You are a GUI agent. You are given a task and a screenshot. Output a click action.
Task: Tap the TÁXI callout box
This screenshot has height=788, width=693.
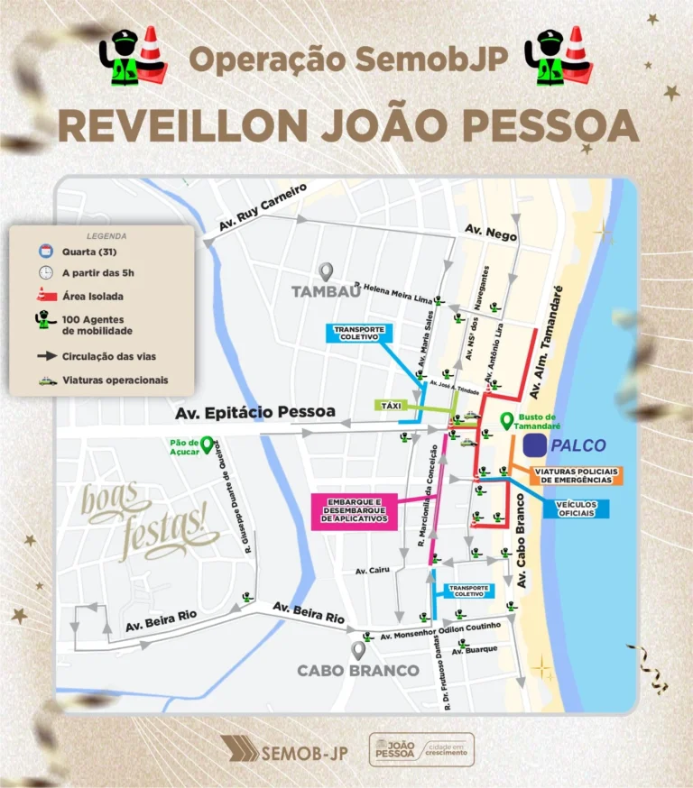[x=391, y=406]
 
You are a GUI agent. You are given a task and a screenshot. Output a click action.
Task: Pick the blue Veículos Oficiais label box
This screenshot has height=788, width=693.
[x=576, y=509]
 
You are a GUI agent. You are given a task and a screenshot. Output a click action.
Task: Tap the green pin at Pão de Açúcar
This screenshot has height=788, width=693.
[x=207, y=444]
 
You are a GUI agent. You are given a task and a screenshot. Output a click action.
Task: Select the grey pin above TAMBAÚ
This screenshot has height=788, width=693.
[x=326, y=270]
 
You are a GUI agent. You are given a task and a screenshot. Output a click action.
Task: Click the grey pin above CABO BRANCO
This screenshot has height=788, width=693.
[x=358, y=649]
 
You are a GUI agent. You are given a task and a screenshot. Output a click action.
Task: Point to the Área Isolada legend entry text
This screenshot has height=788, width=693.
[x=93, y=296]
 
